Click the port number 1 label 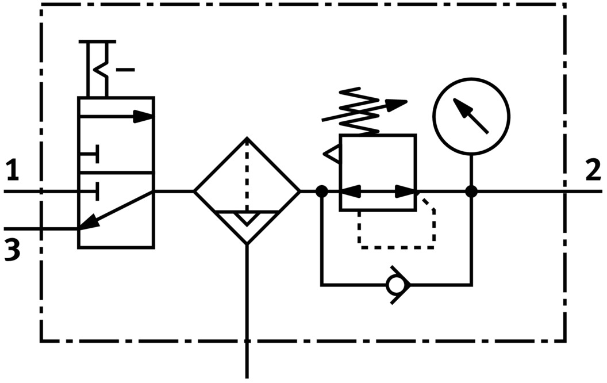(x=13, y=171)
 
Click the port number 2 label (x=593, y=171)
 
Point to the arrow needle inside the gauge (x=471, y=116)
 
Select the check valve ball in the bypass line (x=394, y=284)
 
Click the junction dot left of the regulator (x=322, y=191)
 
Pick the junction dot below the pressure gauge (x=471, y=191)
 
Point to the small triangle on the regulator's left (x=332, y=154)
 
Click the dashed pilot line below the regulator (x=397, y=247)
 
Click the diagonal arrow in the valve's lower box (x=116, y=210)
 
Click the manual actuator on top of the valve (x=97, y=68)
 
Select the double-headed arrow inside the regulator (x=378, y=191)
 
